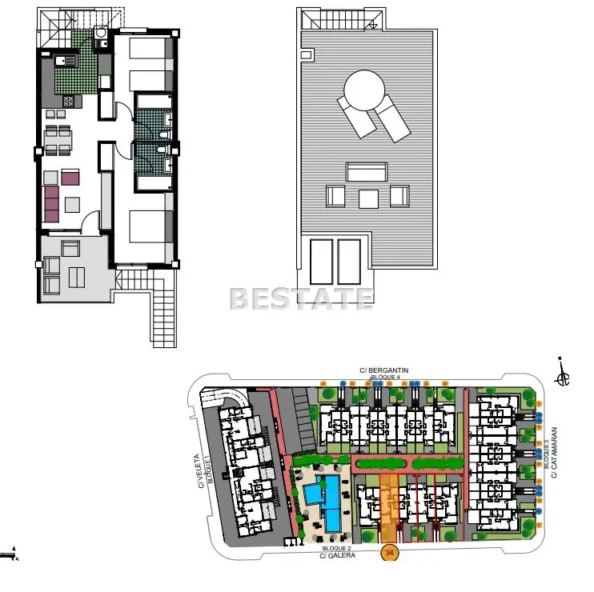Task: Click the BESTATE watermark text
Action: click(301, 298)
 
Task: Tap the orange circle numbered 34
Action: click(390, 552)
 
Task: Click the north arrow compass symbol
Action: click(564, 375)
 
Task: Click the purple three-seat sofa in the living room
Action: click(52, 203)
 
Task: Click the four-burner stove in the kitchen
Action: click(70, 102)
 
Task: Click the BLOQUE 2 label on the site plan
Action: click(337, 548)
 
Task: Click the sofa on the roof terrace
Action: click(367, 171)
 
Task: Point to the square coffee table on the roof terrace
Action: click(368, 198)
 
